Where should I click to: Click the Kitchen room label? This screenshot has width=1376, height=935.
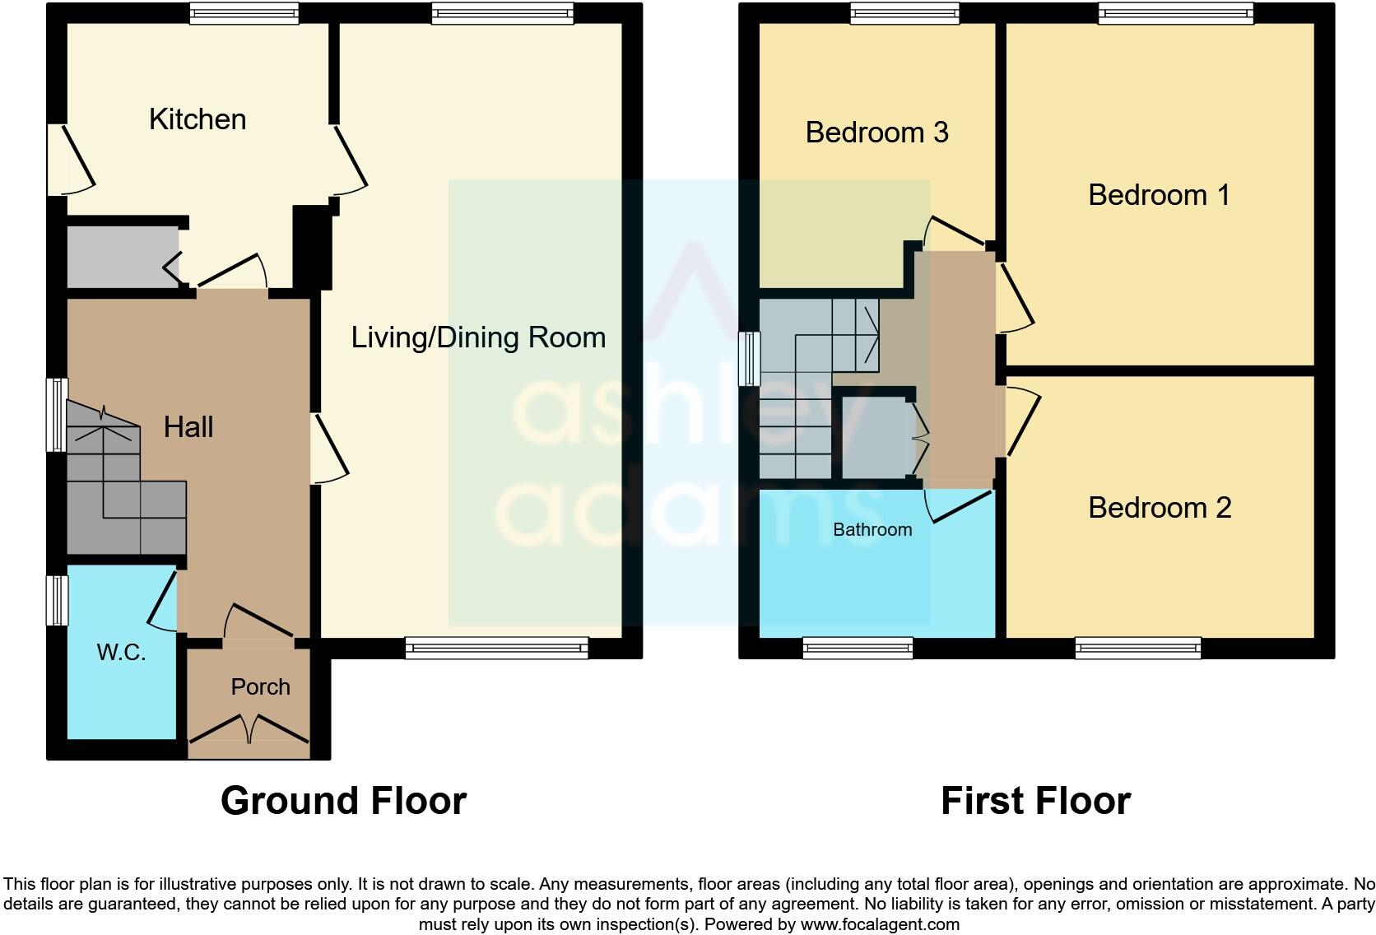198,119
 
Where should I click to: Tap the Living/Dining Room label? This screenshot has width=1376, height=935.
478,337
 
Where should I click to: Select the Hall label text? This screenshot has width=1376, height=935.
188,427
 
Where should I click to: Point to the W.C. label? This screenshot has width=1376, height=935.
121,653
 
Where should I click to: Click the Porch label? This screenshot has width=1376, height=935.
260,687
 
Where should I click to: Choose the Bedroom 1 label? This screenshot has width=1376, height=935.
1159,195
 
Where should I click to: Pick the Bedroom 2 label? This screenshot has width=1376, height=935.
1160,508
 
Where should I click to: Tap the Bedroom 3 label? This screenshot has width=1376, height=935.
876,133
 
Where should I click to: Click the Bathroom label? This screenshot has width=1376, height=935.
872,530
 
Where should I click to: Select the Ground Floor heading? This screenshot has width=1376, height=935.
343,801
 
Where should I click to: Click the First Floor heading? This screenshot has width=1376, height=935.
1035,801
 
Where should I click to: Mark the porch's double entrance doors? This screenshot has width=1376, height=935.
249,728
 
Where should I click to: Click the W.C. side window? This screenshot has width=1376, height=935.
56,600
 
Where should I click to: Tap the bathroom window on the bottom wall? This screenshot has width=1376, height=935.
858,649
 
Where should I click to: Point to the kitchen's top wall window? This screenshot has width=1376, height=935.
244,12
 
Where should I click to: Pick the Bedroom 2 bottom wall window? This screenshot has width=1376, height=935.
1137,649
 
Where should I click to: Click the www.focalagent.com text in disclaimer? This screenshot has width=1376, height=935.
880,924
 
